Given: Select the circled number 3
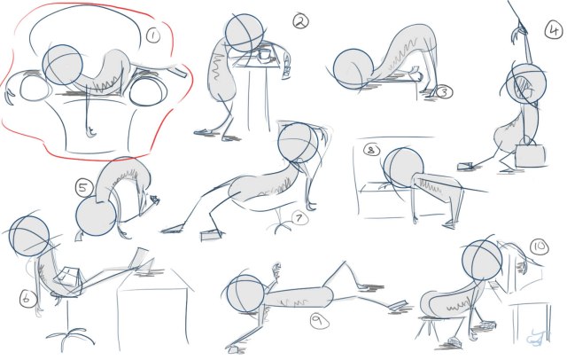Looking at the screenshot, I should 445,90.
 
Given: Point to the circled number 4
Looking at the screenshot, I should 552,27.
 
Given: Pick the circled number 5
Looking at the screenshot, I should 83,188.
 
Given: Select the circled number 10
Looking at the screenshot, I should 539,245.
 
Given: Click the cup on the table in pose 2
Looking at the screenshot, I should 264,56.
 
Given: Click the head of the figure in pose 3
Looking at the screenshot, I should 352,71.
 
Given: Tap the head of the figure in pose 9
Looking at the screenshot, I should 245,293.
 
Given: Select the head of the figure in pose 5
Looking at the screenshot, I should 96,216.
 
